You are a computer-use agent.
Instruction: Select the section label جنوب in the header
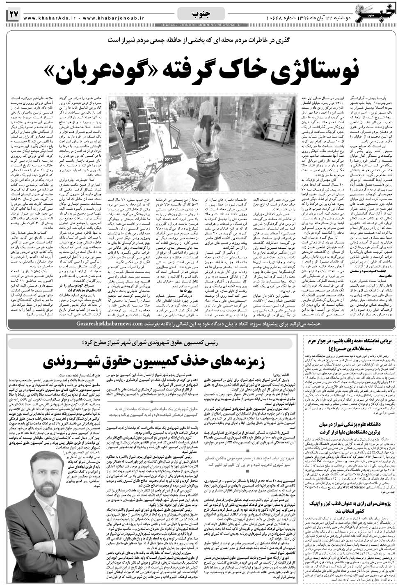coord(201,14)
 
